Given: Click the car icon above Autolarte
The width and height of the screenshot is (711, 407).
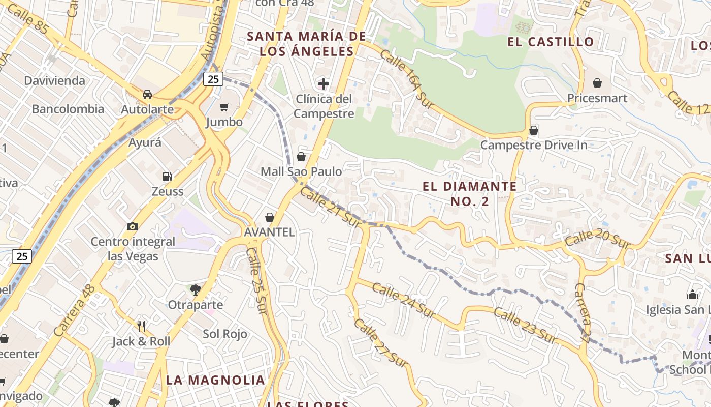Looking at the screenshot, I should [147, 95].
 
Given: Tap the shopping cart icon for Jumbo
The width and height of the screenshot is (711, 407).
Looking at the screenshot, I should [224, 107].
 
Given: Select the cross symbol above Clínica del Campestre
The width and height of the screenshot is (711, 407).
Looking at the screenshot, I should [324, 84].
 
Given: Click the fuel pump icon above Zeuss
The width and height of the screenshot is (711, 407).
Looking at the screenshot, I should [167, 177].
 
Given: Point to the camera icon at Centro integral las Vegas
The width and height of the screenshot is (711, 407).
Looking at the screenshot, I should [132, 226].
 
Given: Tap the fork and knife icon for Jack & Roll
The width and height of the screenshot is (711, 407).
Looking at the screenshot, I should [141, 326].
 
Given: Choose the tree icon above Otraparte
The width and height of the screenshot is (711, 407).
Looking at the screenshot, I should [195, 290].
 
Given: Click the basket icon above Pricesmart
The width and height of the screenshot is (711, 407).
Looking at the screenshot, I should [597, 83].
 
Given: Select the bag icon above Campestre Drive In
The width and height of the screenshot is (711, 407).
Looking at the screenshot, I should [533, 130].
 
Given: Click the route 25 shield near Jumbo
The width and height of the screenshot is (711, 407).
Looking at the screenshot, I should [213, 79].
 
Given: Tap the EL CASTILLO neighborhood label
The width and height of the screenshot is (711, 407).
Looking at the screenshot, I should [551, 42].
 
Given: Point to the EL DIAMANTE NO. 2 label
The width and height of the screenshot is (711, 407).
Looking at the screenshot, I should [469, 194].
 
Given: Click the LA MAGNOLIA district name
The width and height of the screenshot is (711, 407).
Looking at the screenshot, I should [215, 380].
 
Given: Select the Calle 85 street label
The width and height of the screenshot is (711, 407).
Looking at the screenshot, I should [28, 20].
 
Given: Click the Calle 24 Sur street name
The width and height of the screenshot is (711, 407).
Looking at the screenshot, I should [403, 301].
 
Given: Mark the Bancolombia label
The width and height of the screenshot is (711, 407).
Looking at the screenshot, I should [68, 109].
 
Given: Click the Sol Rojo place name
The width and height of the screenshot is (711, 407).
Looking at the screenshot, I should [225, 334].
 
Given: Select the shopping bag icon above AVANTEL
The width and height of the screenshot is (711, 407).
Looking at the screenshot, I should [270, 217].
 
